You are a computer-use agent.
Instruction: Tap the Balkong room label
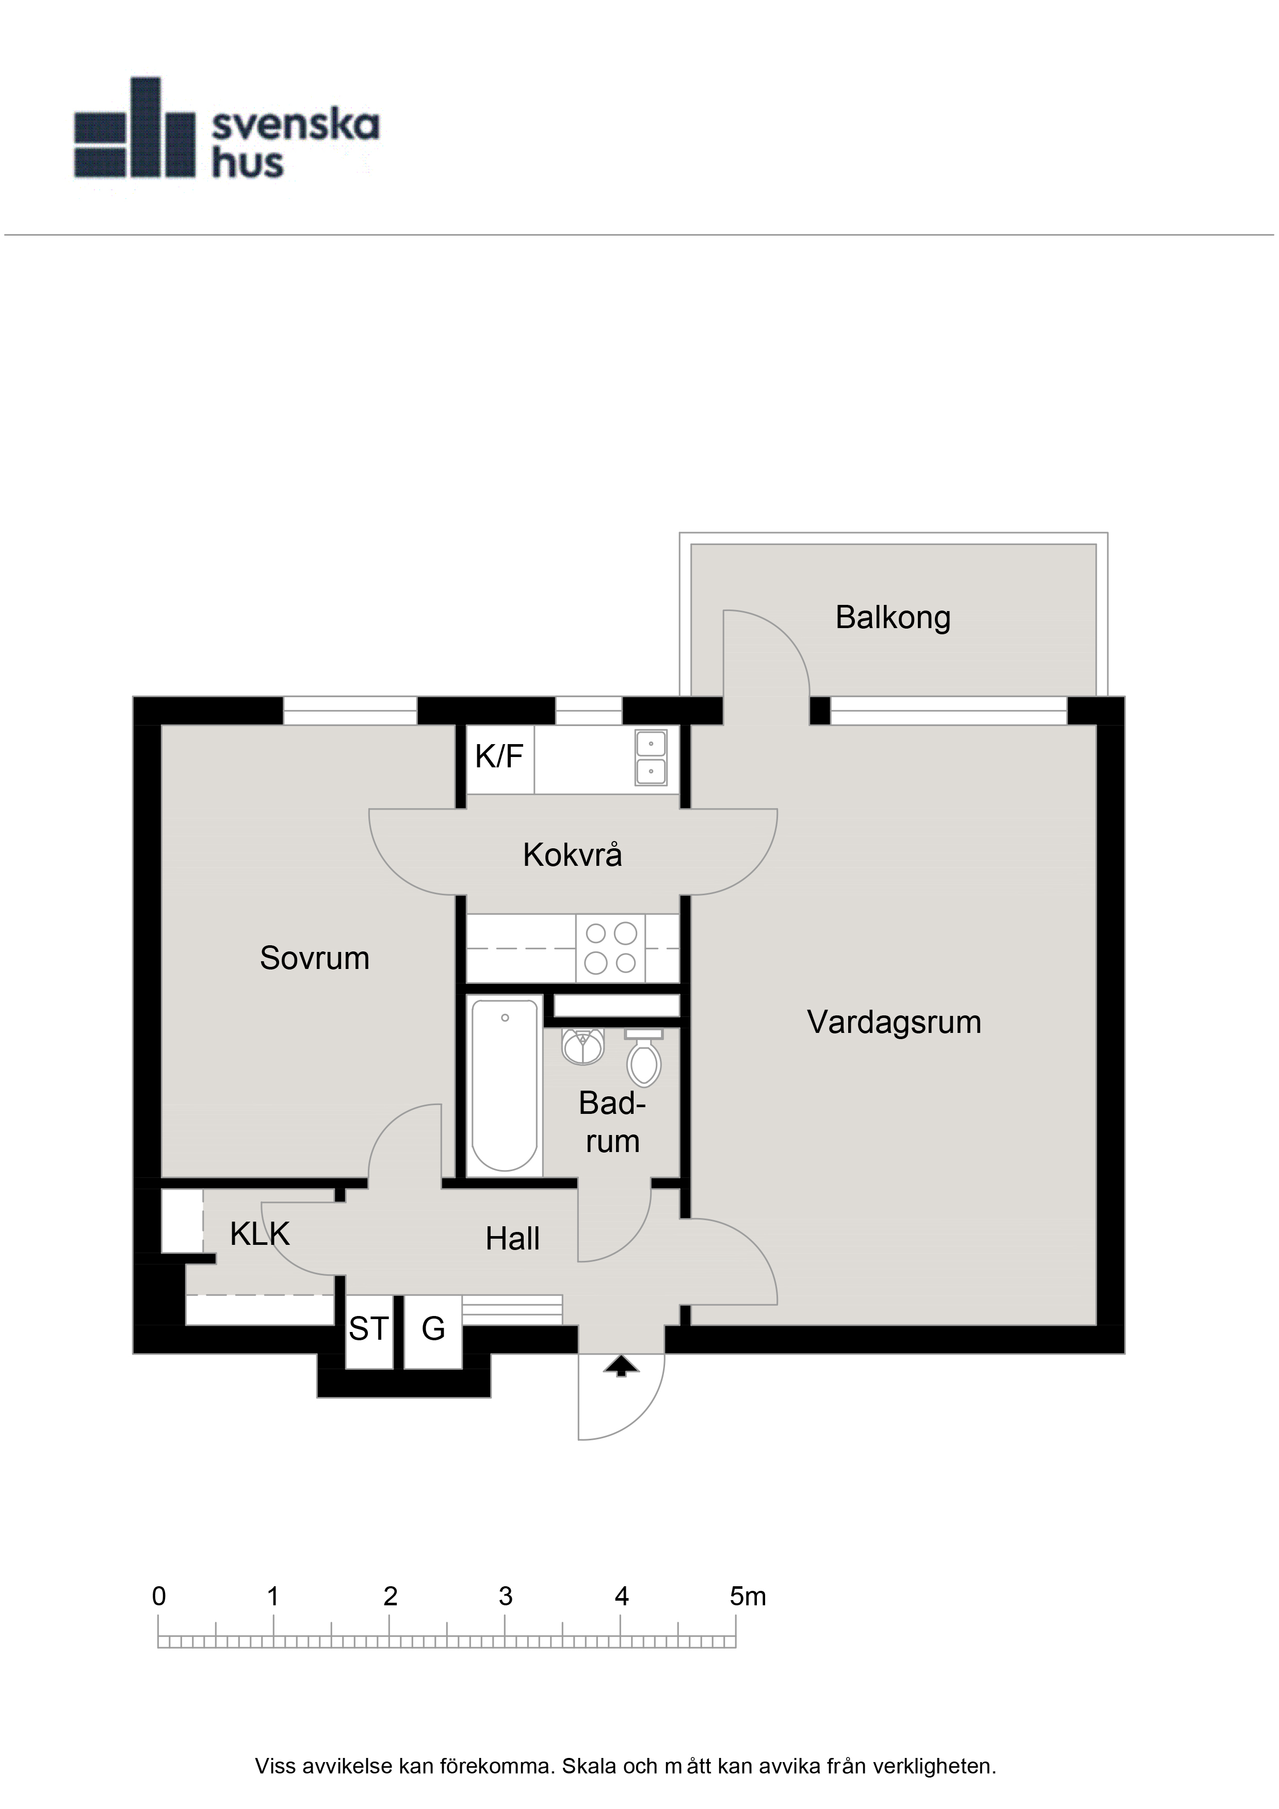point(893,618)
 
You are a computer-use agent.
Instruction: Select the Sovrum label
point(314,958)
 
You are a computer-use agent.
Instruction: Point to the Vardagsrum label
point(894,1023)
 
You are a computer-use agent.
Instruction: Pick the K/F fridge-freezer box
point(499,759)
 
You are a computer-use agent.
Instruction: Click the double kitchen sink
point(651,757)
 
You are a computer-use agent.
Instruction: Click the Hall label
point(512,1239)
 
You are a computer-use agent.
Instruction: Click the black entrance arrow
point(621,1366)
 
